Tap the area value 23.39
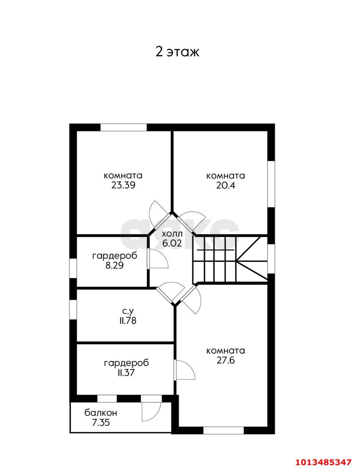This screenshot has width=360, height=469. [x=123, y=185]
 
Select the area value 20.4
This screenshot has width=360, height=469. [x=225, y=185]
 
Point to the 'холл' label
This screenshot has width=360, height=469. [x=172, y=234]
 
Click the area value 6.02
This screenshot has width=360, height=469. [x=172, y=243]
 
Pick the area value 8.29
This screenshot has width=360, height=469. [x=114, y=265]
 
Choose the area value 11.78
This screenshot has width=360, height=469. [x=127, y=321]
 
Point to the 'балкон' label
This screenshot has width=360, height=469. [x=101, y=413]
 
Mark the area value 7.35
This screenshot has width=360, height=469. [x=101, y=422]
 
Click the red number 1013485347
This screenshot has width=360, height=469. [x=323, y=460]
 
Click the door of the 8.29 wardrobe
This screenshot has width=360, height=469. [x=157, y=258]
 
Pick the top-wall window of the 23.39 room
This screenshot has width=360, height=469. [x=124, y=127]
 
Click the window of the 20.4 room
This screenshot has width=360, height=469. [x=271, y=184]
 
